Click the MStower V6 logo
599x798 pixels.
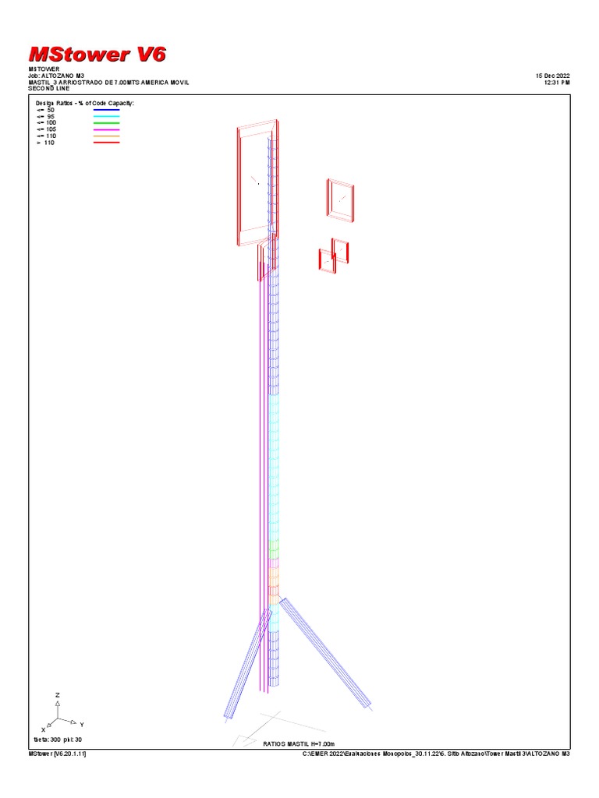97,54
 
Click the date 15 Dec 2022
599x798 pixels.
552,76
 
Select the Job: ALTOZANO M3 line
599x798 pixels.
56,76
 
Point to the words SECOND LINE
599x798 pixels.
49,88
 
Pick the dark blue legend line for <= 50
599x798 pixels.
106,110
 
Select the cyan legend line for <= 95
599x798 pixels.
106,117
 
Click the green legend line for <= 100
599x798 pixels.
106,123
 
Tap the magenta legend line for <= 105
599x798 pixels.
106,129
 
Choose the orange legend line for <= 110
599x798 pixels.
106,136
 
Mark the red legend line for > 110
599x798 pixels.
106,143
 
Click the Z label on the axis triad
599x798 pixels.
57,694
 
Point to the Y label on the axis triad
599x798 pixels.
81,725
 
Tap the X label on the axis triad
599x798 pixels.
44,729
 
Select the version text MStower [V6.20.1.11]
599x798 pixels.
57,754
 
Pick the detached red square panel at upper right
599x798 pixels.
341,200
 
